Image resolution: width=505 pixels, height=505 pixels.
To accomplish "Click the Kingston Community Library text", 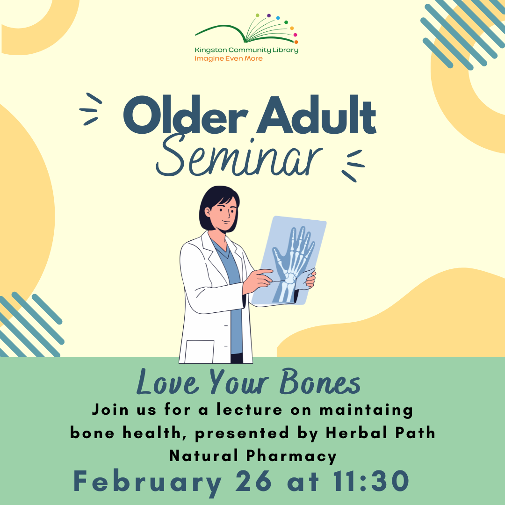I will click(246, 50).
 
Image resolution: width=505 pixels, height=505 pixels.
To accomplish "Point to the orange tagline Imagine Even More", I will click(229, 58).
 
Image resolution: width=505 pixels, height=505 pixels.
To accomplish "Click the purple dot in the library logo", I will click(268, 16).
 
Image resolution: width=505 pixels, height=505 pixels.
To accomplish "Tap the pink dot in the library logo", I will click(295, 35).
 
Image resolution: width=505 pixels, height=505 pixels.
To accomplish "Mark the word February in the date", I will click(147, 482).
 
